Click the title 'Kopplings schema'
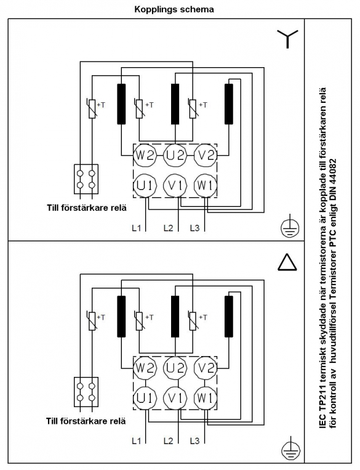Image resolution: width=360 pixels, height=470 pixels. [x=174, y=9]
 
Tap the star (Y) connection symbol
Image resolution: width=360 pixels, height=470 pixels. [x=287, y=39]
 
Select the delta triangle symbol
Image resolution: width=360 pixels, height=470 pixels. [x=287, y=262]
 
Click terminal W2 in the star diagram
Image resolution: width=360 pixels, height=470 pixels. [x=145, y=156]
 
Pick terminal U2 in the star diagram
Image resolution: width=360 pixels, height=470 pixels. [x=175, y=156]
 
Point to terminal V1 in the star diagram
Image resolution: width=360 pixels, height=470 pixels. [x=175, y=186]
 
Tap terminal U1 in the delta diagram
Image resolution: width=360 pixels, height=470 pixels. [x=145, y=398]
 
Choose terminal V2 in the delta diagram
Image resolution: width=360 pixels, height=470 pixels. [x=205, y=368]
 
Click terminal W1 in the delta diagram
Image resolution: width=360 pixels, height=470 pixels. [x=205, y=398]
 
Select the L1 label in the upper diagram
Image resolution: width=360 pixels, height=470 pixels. [x=136, y=228]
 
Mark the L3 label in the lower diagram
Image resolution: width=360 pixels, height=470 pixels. [x=194, y=441]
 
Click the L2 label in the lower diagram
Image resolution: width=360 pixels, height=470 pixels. [x=169, y=441]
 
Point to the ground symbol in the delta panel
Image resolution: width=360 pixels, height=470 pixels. [x=290, y=450]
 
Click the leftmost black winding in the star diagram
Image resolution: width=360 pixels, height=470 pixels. [x=121, y=104]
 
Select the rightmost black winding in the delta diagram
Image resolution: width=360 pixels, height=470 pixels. [x=229, y=316]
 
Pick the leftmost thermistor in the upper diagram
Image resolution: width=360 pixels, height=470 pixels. [x=92, y=108]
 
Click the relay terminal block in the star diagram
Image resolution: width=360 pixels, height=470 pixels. [x=86, y=179]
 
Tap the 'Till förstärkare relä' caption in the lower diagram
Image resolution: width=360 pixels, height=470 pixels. [x=86, y=421]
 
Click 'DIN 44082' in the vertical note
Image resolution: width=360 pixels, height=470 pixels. [x=333, y=179]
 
